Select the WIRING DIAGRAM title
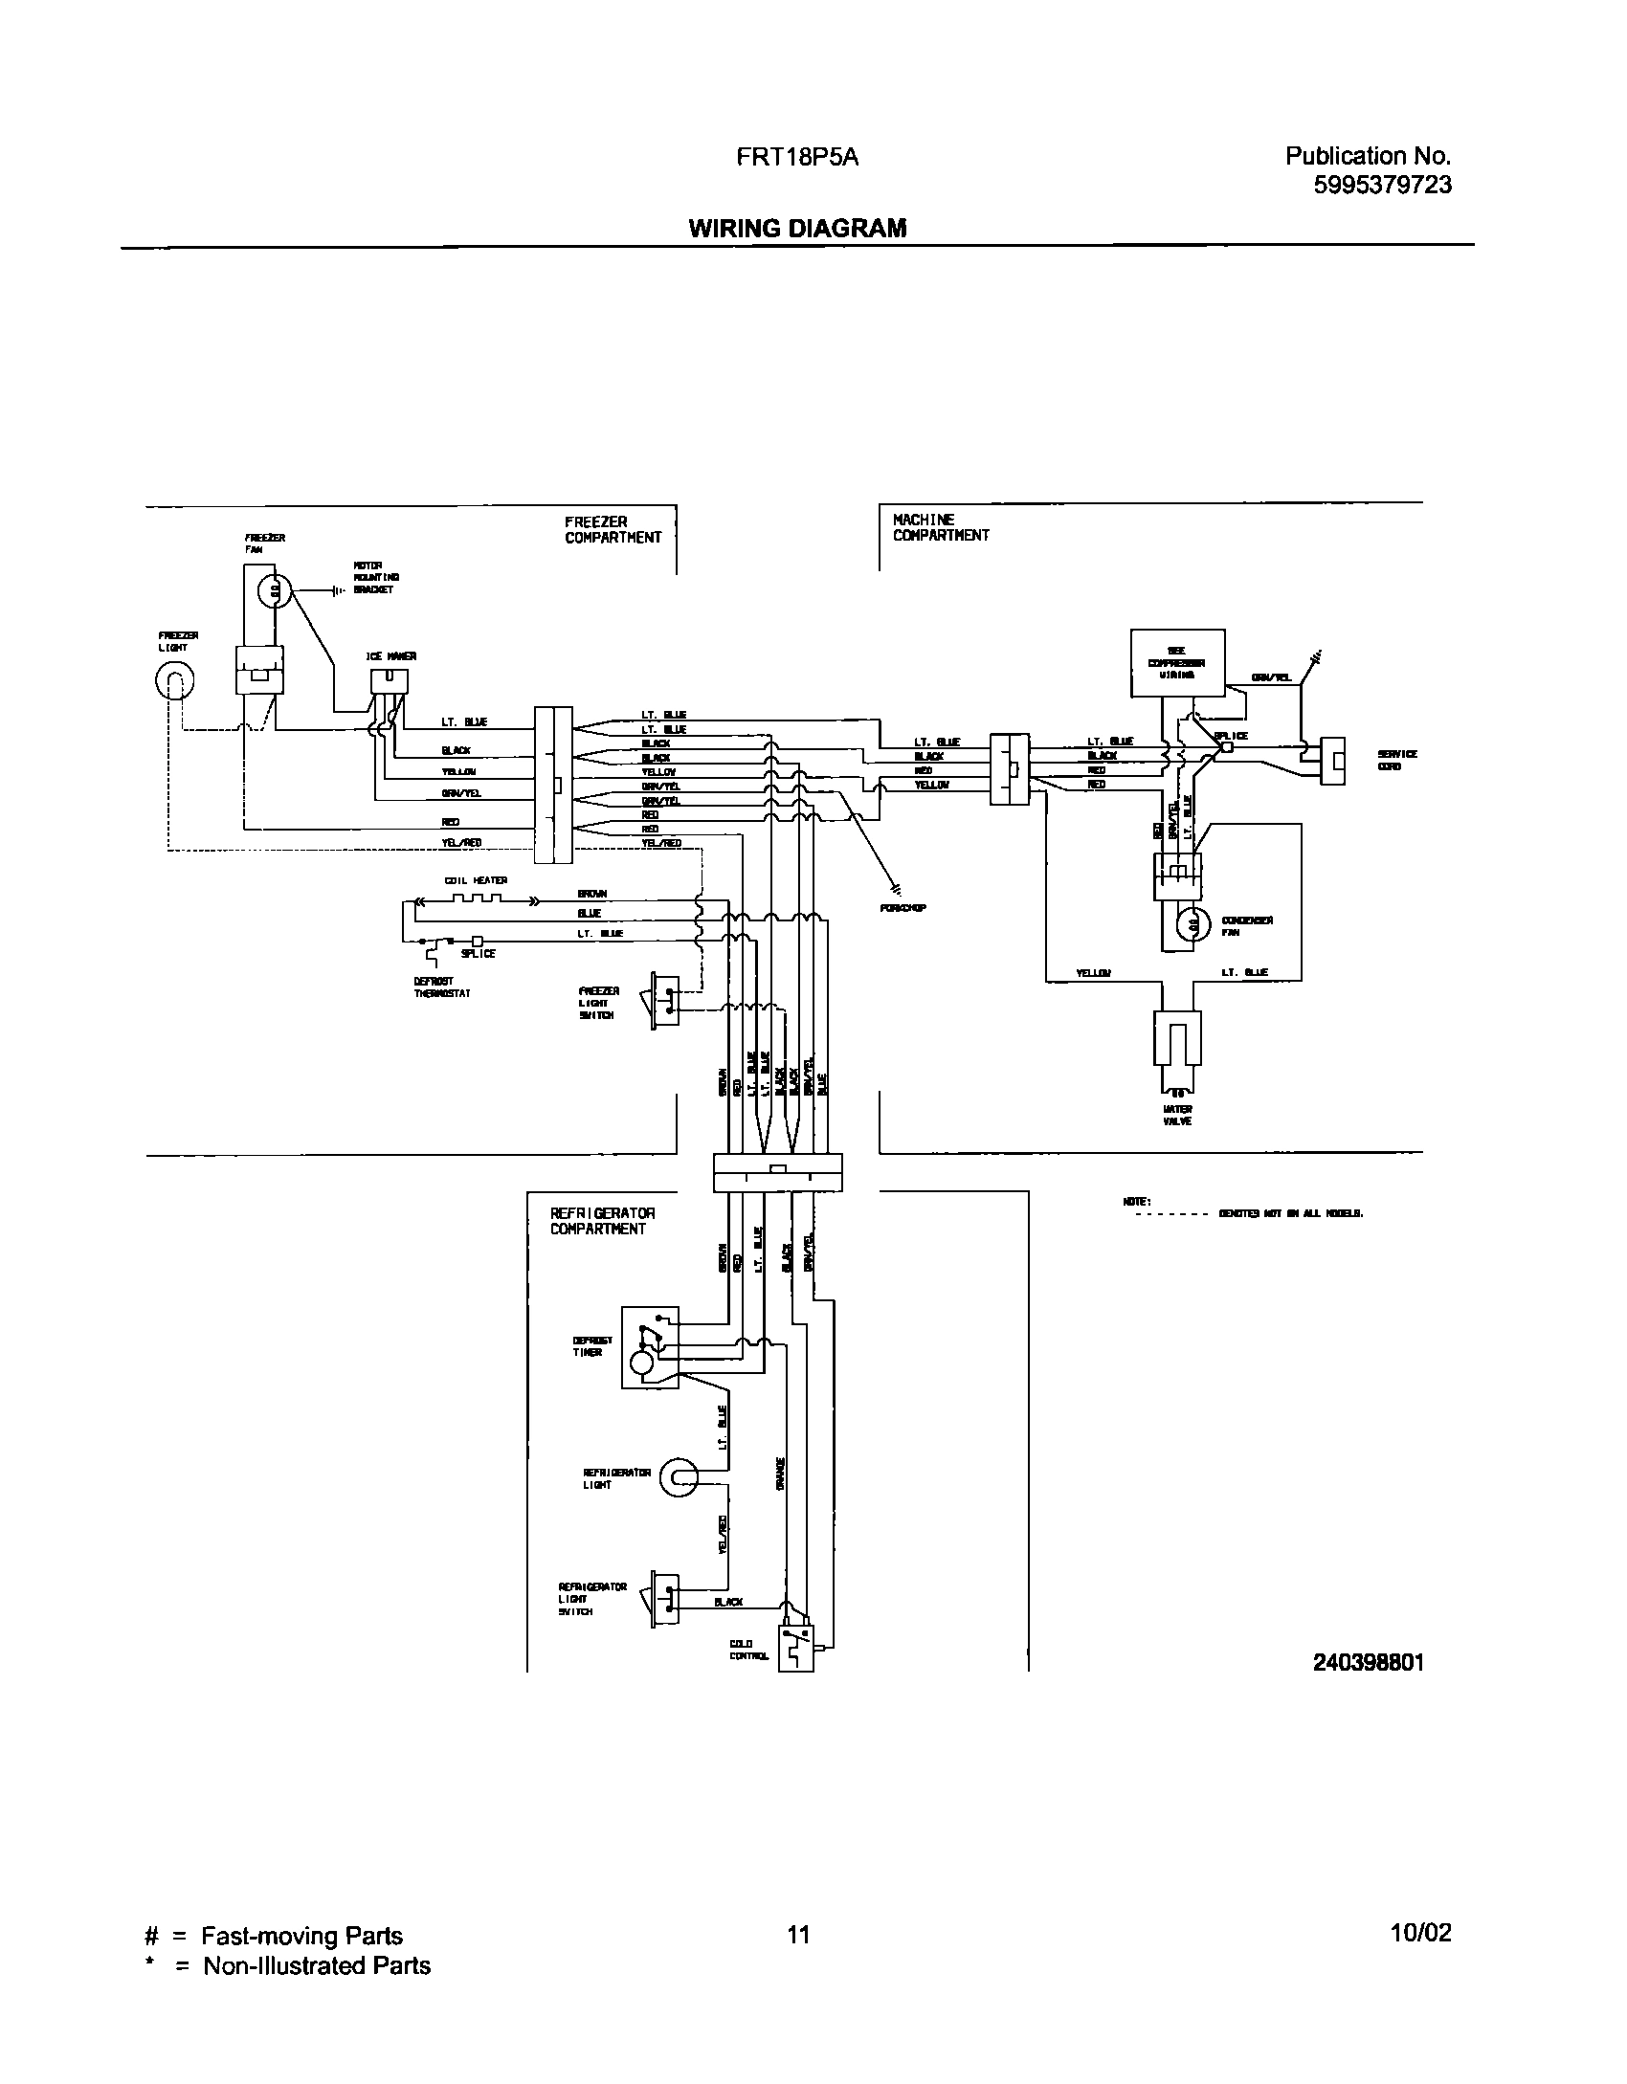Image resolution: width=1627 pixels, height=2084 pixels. point(797,228)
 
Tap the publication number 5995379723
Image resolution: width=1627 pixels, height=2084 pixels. point(1383,185)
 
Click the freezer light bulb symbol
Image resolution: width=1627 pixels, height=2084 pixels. point(175,681)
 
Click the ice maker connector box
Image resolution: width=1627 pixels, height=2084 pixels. point(390,679)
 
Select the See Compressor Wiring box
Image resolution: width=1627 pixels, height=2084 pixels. point(1177,662)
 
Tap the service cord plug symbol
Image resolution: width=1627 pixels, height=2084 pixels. point(1332,761)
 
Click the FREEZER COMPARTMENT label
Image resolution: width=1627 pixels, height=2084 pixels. point(613,529)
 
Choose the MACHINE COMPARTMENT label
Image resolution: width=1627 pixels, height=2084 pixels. point(940,527)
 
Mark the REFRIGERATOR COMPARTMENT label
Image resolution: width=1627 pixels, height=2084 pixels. point(602,1221)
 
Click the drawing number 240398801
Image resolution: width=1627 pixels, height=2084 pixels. point(1368,1662)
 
